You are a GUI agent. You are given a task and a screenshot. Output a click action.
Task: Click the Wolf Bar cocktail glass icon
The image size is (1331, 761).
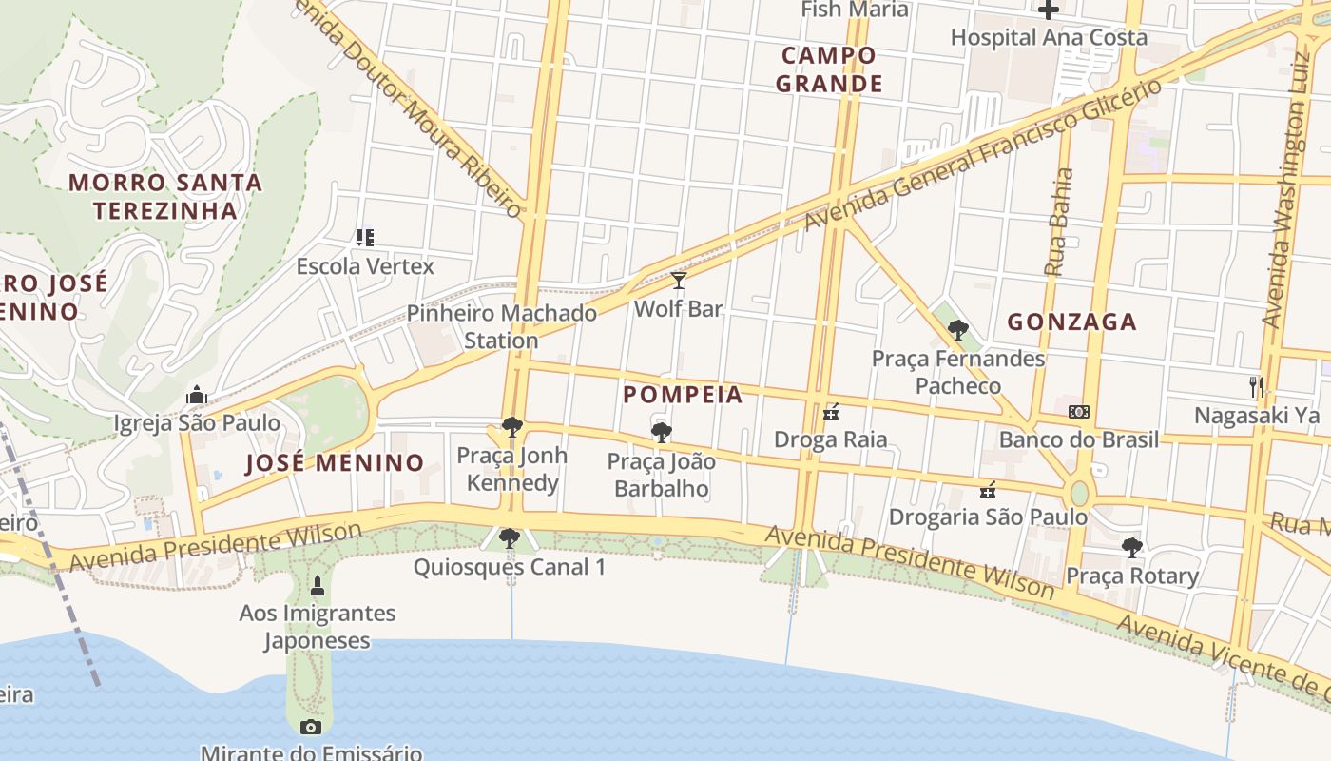[678, 281]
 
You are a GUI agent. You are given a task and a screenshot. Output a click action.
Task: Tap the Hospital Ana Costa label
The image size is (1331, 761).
[1049, 38]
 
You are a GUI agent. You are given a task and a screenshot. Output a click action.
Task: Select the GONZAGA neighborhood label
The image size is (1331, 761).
[1071, 322]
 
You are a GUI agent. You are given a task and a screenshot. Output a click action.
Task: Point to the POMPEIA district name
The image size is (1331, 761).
[683, 394]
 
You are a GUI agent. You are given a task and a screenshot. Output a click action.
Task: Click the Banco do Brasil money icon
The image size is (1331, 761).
[1078, 412]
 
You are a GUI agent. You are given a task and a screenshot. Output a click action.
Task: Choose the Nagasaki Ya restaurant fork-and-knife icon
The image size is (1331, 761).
[1257, 386]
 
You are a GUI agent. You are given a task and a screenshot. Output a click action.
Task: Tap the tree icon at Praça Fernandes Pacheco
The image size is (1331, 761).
[958, 330]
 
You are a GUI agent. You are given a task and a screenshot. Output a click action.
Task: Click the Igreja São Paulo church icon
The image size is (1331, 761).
[197, 395]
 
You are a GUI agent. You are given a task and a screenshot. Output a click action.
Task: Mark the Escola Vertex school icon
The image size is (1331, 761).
[364, 237]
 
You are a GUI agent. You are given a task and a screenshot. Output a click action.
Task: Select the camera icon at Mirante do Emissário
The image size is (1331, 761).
[310, 728]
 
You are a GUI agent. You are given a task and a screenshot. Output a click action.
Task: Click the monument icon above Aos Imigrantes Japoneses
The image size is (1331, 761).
[318, 586]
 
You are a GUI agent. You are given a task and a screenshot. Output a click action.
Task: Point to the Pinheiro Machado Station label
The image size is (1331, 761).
[502, 326]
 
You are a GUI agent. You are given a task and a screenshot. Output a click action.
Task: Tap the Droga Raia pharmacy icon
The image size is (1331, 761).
[831, 412]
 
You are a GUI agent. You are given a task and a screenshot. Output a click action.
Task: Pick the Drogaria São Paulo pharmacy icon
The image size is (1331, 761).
[988, 490]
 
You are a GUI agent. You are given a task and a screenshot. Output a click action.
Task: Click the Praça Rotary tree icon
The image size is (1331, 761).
[1131, 548]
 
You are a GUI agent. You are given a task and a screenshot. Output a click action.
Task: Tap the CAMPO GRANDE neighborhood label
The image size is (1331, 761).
[829, 69]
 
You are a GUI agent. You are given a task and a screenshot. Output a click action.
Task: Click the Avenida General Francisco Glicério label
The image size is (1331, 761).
[983, 155]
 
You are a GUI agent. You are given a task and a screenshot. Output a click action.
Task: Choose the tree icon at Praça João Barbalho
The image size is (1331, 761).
[662, 434]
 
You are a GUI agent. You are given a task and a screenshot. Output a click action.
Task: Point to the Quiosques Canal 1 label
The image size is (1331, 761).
[509, 567]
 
